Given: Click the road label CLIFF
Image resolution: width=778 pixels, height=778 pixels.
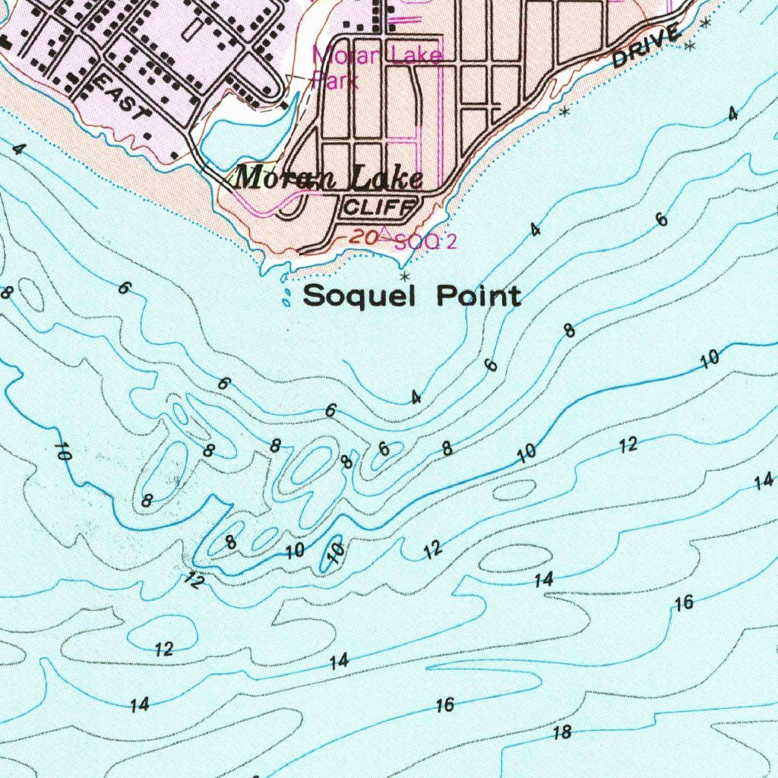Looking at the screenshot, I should coord(379,206).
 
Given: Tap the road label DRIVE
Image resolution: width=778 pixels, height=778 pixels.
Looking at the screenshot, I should coord(645,47).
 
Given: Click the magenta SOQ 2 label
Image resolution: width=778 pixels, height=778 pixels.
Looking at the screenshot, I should coord(425,242).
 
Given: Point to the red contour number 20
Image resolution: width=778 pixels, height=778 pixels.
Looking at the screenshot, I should coord(364,238).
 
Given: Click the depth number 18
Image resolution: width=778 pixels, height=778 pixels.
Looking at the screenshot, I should coord(562,732).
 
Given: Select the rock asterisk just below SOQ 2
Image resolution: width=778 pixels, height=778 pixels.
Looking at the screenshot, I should coord(404,276).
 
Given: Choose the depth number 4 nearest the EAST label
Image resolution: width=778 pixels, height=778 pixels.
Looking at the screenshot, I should coord(16,150).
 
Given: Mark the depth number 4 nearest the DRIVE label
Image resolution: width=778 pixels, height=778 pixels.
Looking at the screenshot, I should coord(732,114).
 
